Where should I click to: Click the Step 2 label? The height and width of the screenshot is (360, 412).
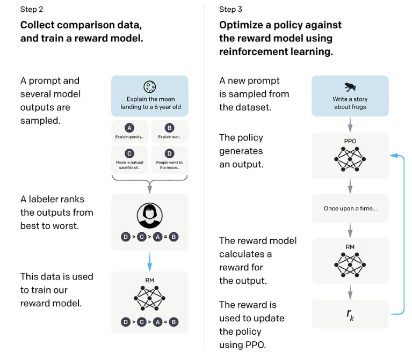[32, 10]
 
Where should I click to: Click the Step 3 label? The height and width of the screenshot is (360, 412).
[230, 10]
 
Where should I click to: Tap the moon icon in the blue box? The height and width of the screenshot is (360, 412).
[150, 86]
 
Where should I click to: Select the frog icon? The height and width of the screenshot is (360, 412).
[350, 87]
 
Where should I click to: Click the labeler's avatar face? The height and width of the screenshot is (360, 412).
[150, 216]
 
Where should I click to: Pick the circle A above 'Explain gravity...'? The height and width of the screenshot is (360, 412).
[129, 128]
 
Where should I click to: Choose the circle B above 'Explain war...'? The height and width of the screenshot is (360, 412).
[170, 128]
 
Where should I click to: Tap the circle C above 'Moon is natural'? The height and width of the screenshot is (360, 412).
[129, 153]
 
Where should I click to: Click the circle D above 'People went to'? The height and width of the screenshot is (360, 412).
[170, 153]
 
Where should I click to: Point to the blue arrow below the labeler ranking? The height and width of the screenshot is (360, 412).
[150, 261]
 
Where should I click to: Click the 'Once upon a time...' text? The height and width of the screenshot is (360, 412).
[350, 208]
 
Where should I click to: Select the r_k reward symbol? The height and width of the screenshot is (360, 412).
[350, 314]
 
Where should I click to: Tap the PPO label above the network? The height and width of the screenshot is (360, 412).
[350, 141]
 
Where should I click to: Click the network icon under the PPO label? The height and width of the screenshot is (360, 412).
[350, 159]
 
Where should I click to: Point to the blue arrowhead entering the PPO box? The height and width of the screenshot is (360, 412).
[393, 156]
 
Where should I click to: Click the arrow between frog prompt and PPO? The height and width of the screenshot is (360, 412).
[350, 124]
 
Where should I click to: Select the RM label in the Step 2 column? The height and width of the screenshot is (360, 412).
[150, 280]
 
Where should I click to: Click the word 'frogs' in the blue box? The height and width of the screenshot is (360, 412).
[358, 107]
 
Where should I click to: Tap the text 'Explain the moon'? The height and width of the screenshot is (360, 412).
[150, 99]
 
